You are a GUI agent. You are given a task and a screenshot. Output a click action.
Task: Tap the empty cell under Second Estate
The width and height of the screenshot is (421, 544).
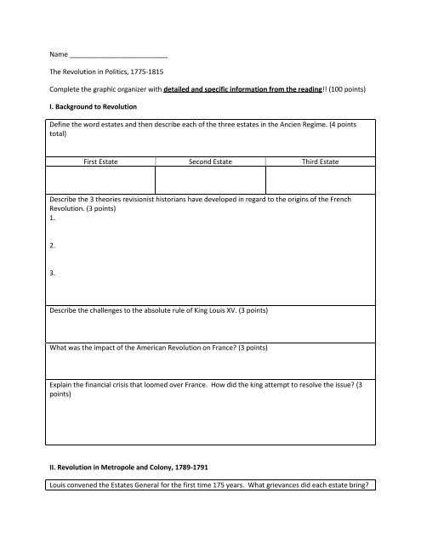click(x=209, y=179)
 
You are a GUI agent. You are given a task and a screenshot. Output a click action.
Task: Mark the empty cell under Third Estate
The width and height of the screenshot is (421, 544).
click(x=321, y=179)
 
